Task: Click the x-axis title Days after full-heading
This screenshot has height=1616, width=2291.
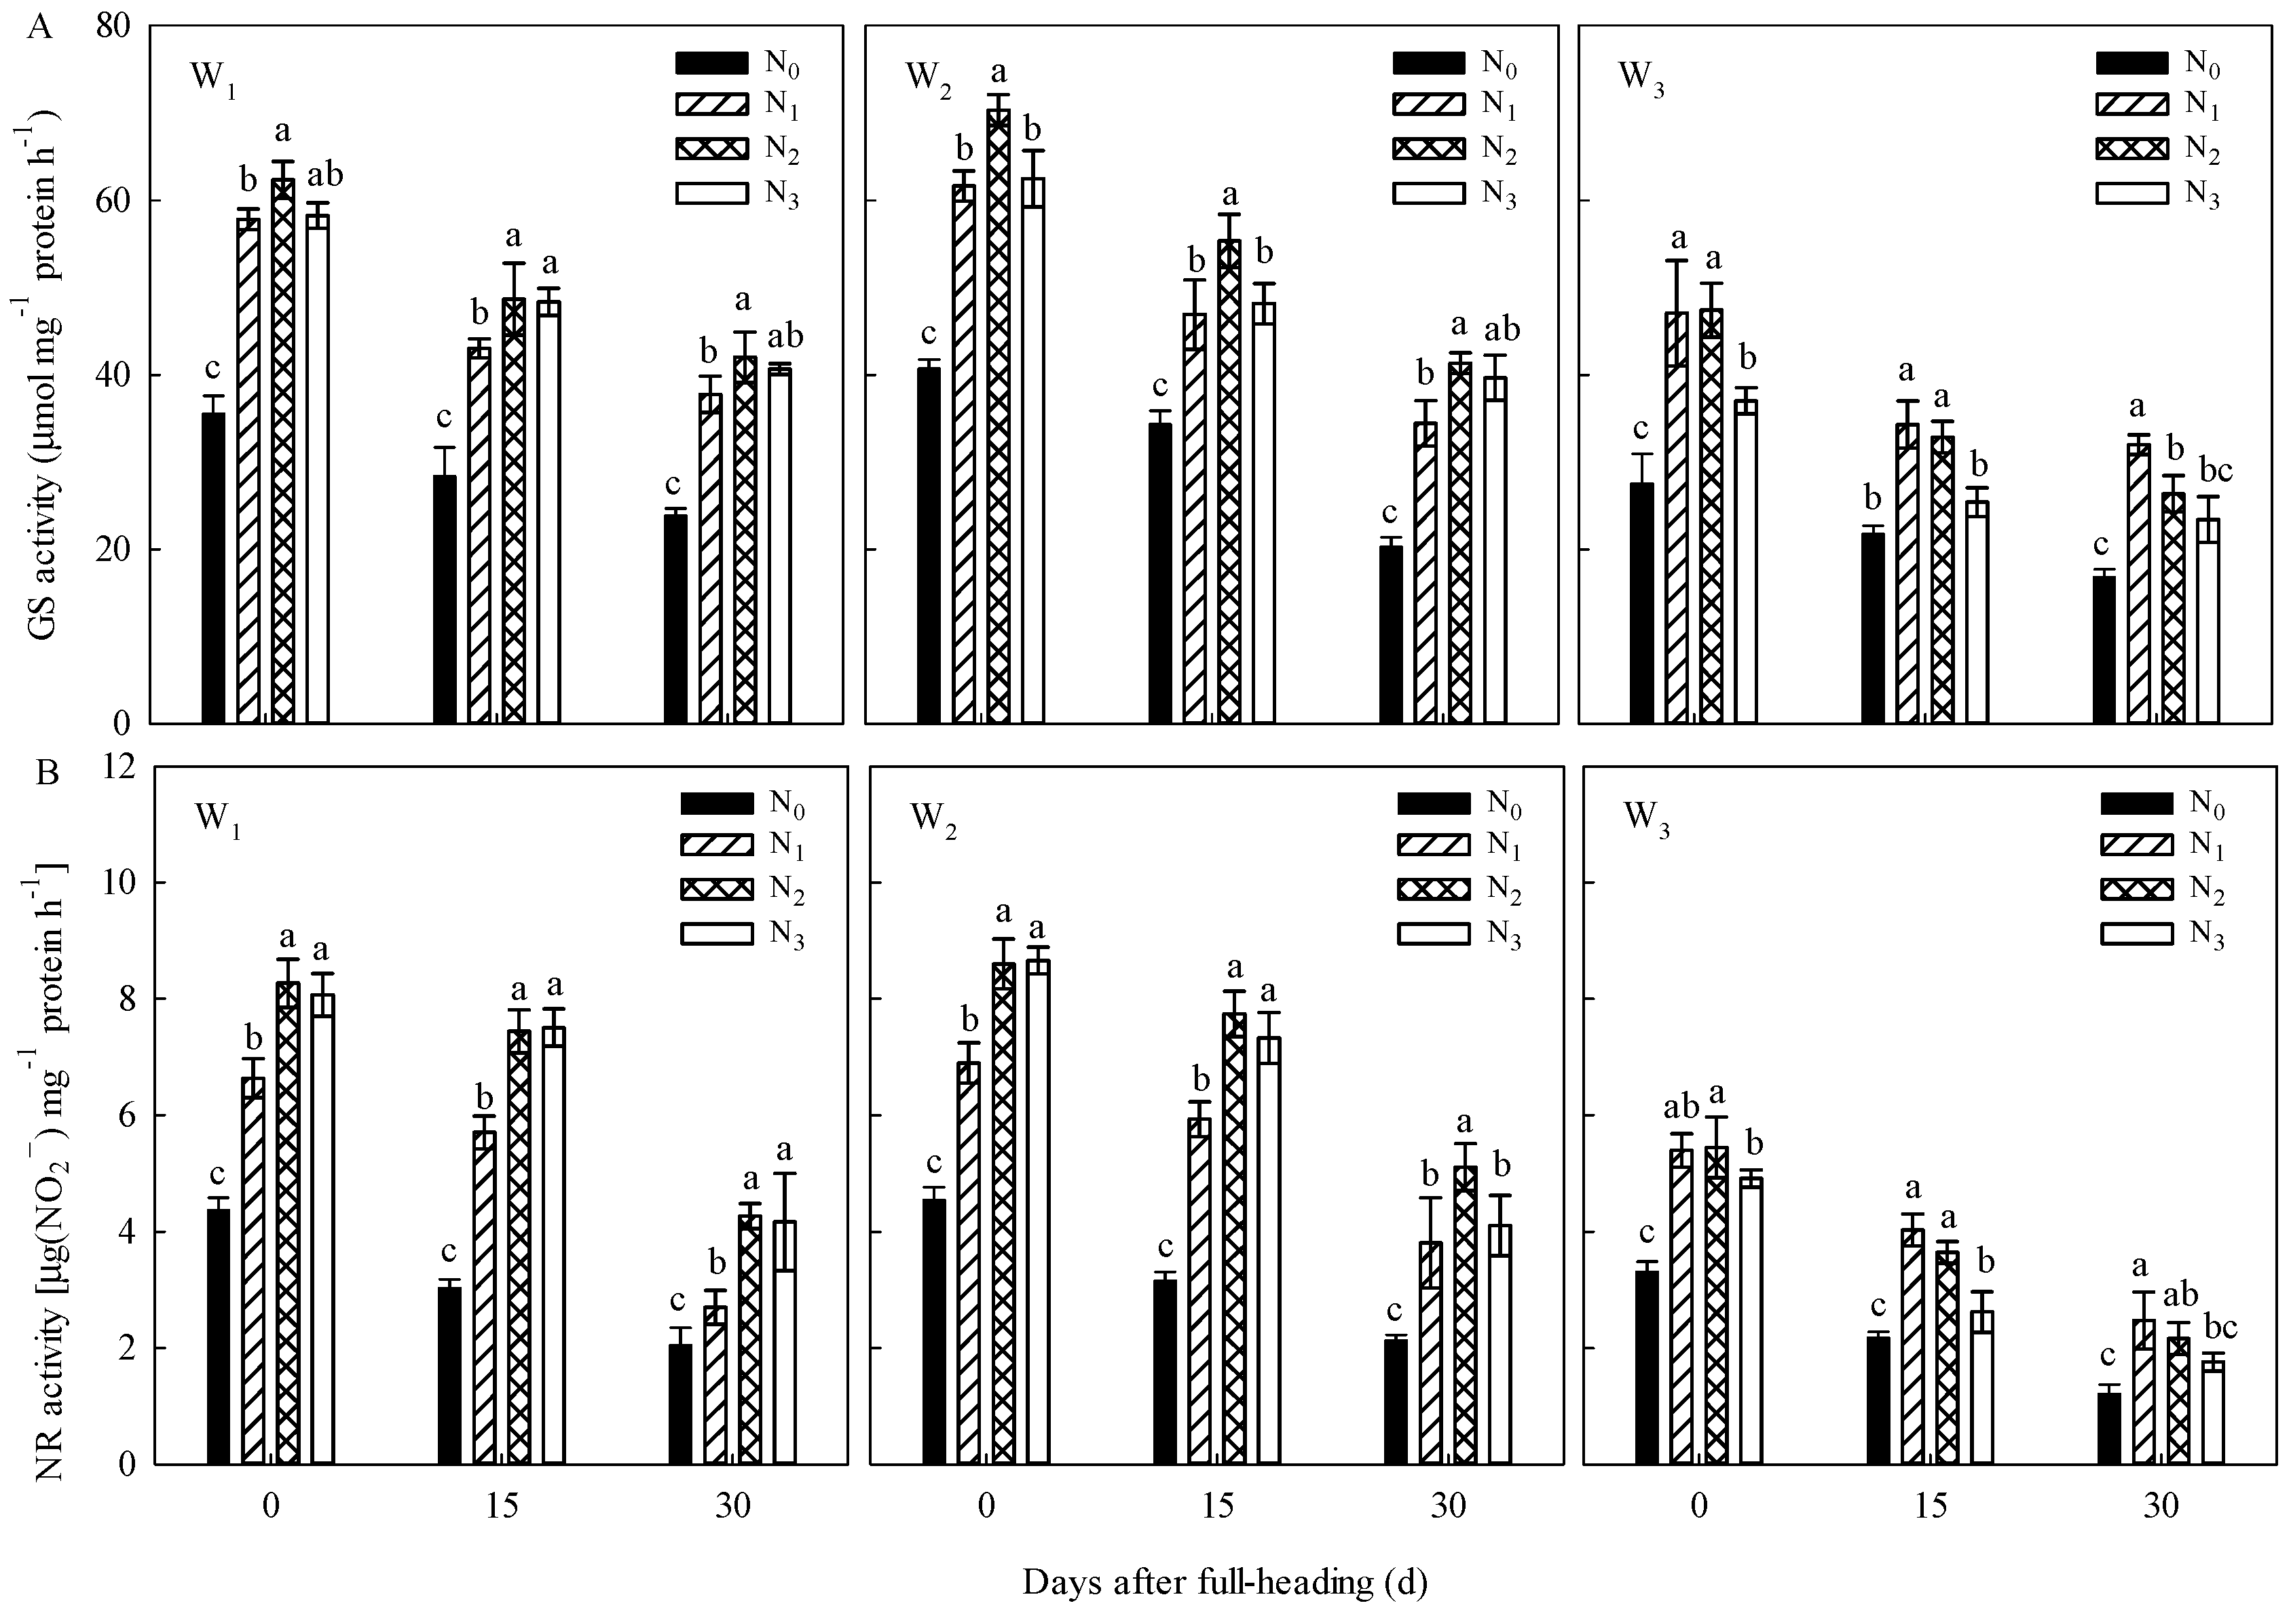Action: (x=1225, y=1582)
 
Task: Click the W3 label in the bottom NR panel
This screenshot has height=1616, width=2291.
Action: (x=1646, y=818)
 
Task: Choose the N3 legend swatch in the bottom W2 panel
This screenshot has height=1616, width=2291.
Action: (x=1433, y=933)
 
